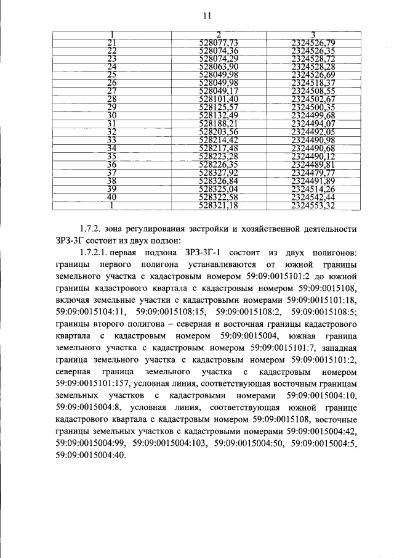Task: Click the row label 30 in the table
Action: click(112, 115)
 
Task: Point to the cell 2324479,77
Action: click(313, 173)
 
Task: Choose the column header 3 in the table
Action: click(313, 33)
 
